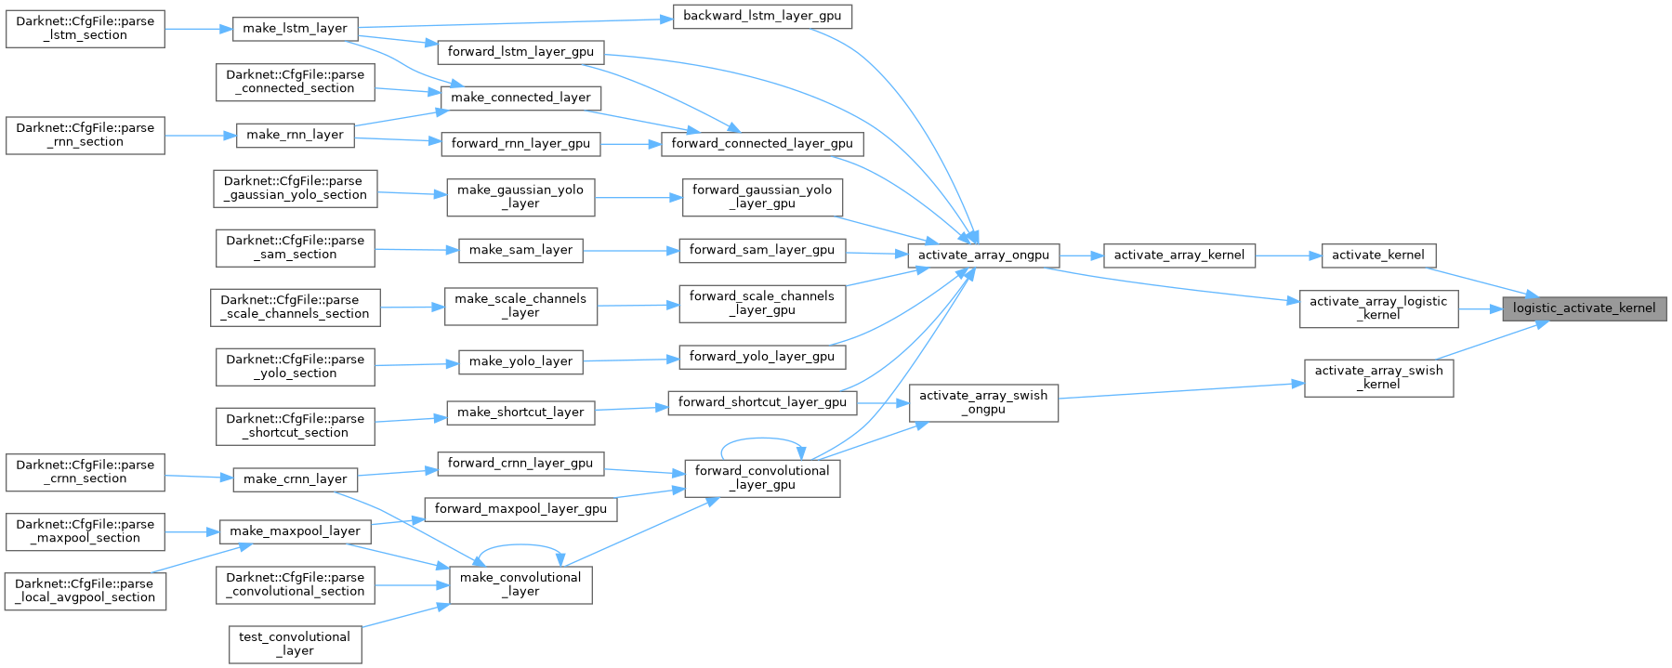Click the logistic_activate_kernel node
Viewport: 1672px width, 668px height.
pyautogui.click(x=1584, y=308)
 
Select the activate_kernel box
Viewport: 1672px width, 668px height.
pyautogui.click(x=1377, y=255)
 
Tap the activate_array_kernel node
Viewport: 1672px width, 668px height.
pyautogui.click(x=1178, y=255)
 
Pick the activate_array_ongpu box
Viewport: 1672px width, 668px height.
pyautogui.click(x=983, y=255)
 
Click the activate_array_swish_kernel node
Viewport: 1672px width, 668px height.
pyautogui.click(x=1378, y=377)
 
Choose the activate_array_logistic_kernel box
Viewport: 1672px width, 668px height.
pyautogui.click(x=1378, y=308)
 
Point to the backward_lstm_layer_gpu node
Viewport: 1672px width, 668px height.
pyautogui.click(x=762, y=17)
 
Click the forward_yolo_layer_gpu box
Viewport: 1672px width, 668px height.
pyautogui.click(x=762, y=357)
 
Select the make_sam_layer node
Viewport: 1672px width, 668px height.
pyautogui.click(x=520, y=250)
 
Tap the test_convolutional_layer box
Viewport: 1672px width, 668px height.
pyautogui.click(x=295, y=644)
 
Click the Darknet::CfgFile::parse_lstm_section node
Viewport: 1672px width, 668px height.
pyautogui.click(x=86, y=29)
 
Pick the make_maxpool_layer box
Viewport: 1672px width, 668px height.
pyautogui.click(x=295, y=531)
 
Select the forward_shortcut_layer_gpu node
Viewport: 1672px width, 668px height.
pyautogui.click(x=762, y=402)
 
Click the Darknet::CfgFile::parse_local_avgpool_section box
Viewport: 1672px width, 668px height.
pyautogui.click(x=86, y=591)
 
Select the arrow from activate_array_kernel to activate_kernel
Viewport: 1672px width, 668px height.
pyautogui.click(x=1288, y=255)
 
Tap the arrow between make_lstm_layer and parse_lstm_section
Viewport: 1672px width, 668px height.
pyautogui.click(x=198, y=29)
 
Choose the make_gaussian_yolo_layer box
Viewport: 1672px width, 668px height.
pyautogui.click(x=520, y=196)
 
